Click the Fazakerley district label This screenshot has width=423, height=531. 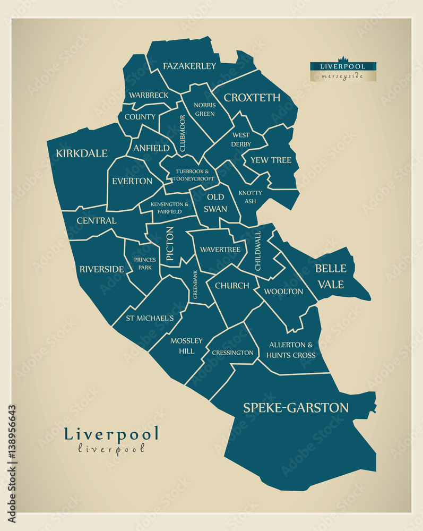(189, 66)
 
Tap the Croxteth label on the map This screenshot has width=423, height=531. (252, 98)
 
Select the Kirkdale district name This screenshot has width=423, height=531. (82, 154)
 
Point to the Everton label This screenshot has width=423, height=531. (132, 181)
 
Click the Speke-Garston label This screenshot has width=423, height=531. (296, 408)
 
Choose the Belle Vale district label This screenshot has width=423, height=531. (331, 276)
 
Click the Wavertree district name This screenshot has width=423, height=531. (220, 250)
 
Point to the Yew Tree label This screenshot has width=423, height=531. (271, 160)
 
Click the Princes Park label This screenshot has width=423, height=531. (145, 263)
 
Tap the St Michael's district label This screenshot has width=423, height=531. (150, 319)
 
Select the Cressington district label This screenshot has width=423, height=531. (232, 353)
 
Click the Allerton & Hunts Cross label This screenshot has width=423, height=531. (291, 350)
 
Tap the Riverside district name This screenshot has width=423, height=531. (101, 269)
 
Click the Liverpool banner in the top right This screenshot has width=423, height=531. (343, 67)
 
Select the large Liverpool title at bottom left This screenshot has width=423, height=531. (111, 434)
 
